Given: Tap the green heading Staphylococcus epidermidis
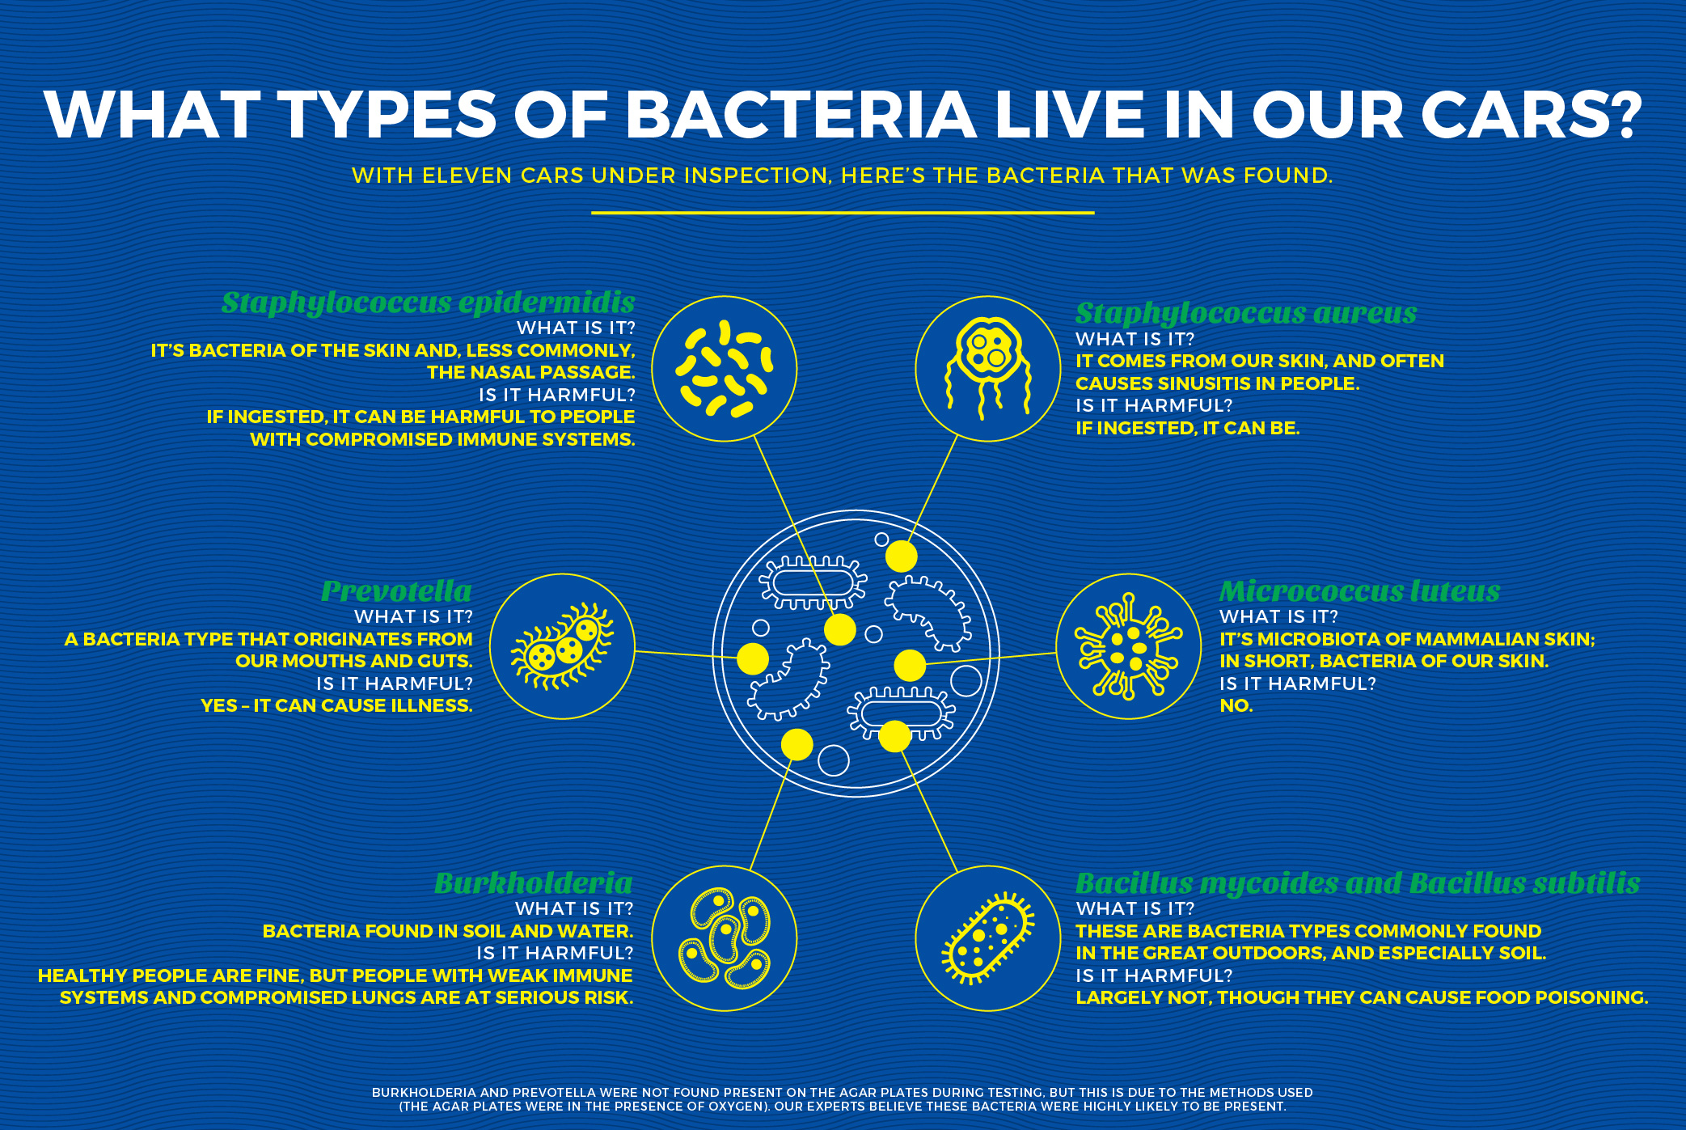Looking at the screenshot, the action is (429, 303).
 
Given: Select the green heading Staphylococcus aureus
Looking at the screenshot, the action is (1246, 314).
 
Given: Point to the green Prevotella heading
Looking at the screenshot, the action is (396, 591).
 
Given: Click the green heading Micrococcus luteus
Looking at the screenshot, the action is (1359, 591).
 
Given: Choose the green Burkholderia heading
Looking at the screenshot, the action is (534, 882).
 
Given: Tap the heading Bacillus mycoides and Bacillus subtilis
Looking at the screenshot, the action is (1358, 883).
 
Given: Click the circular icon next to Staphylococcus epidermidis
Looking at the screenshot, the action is (725, 369).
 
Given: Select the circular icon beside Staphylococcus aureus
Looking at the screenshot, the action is (988, 369).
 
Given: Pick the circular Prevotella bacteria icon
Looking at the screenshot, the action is (563, 646).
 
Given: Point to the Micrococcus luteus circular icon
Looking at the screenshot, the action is (1130, 646).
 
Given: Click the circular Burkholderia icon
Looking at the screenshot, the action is (725, 938).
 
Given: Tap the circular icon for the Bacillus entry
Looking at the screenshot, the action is (988, 938).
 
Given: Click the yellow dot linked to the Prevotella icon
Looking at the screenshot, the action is (753, 659).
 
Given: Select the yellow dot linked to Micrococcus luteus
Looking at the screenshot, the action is (910, 666).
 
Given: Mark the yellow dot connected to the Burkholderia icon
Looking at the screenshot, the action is (797, 744).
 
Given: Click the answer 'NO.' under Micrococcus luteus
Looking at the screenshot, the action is (1236, 706).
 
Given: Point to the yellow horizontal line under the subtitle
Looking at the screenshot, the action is (843, 213).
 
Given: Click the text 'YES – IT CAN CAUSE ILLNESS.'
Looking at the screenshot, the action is (336, 706).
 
